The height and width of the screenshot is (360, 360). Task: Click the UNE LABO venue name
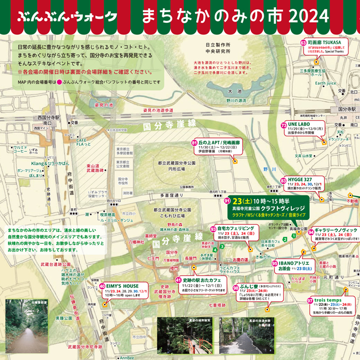[299, 125]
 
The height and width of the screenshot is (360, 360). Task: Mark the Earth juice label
[326, 83]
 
